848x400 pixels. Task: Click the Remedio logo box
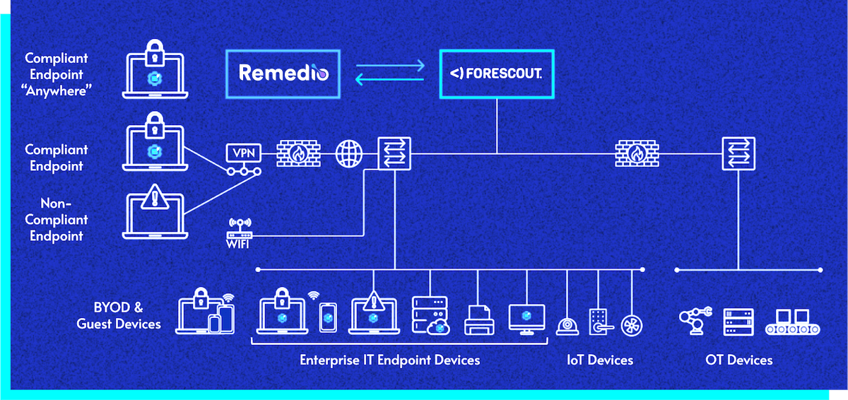point(283,73)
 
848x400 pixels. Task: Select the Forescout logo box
point(496,73)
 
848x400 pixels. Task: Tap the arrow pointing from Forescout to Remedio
point(389,80)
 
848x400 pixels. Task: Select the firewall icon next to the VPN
point(298,153)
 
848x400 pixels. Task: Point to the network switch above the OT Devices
point(738,153)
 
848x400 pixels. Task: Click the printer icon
point(478,319)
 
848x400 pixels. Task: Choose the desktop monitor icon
point(527,319)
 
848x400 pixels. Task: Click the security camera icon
point(567,324)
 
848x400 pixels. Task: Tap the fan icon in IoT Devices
point(631,324)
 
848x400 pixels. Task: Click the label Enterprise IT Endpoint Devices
point(389,360)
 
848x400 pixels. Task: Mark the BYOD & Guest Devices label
point(119,316)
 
